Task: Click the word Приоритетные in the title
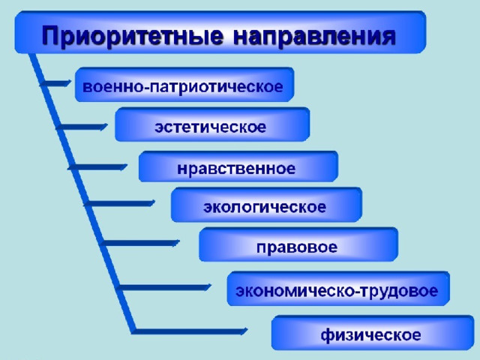tap(133, 36)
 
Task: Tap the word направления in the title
tap(314, 36)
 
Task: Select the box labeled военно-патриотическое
tap(184, 85)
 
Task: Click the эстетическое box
tap(212, 124)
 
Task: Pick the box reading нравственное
tap(238, 166)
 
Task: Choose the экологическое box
tap(266, 205)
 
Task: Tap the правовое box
tap(298, 244)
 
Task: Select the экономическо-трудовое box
tap(338, 288)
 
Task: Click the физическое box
tap(373, 332)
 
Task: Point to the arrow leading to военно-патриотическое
tap(55, 83)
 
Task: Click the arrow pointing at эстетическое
tap(82, 127)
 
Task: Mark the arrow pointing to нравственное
tap(97, 167)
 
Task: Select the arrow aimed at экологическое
tap(119, 203)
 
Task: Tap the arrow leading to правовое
tap(139, 243)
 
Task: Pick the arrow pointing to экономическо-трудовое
tap(163, 287)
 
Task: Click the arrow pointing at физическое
tap(190, 331)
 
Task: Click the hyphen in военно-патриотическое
tap(147, 88)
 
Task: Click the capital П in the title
tap(50, 35)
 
